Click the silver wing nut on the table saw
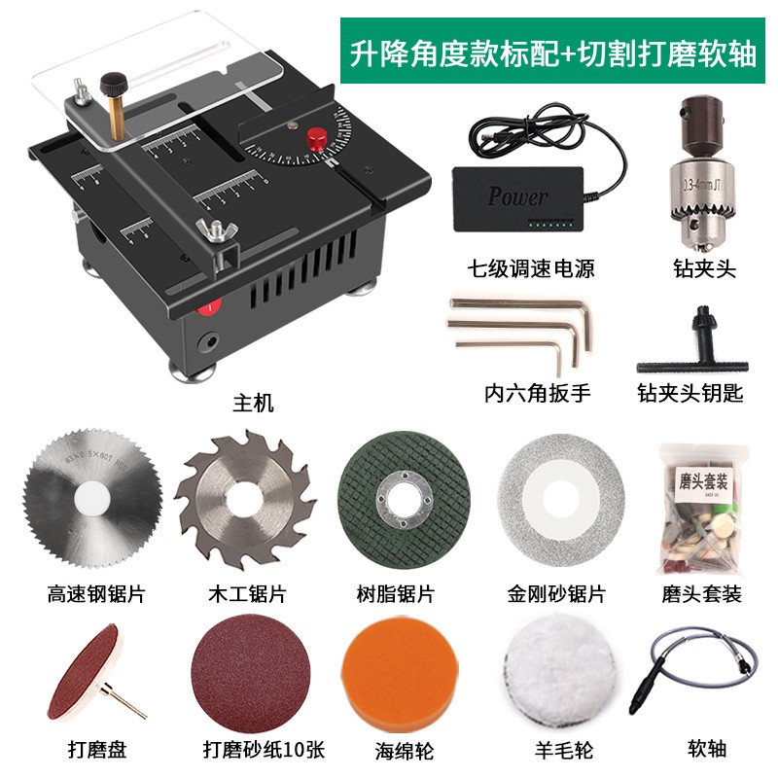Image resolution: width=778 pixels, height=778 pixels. [210, 231]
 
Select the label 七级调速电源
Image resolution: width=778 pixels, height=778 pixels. [531, 269]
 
